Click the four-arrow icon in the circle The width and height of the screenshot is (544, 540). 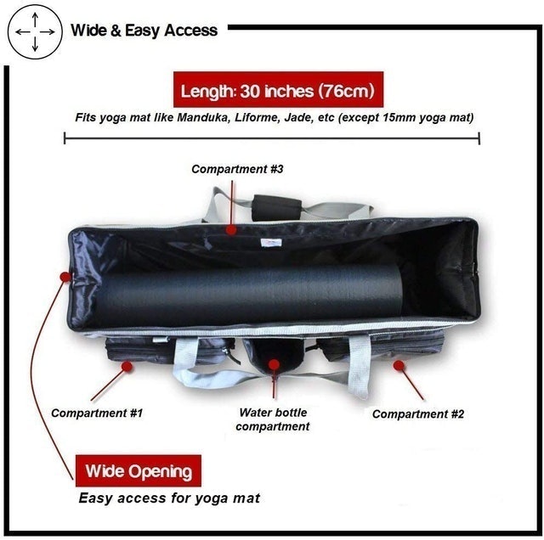click(x=35, y=32)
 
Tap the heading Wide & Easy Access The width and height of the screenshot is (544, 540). click(x=144, y=31)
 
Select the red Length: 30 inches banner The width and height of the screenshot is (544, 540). click(x=278, y=90)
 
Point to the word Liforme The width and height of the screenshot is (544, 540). click(x=257, y=117)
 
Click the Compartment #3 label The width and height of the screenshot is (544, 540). click(x=237, y=169)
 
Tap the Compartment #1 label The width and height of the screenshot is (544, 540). click(x=97, y=413)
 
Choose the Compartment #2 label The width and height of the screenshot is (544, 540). click(x=418, y=414)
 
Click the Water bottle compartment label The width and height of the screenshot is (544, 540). click(x=273, y=419)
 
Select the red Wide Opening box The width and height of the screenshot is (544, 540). click(x=139, y=470)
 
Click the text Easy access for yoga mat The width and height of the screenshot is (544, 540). click(x=169, y=498)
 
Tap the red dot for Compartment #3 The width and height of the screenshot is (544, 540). click(x=231, y=229)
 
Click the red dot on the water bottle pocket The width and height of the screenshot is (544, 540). click(x=274, y=364)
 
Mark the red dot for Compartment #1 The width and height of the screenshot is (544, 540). click(x=127, y=367)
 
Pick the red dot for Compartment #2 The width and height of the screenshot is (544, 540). click(x=399, y=365)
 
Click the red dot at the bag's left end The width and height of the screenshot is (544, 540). click(x=65, y=277)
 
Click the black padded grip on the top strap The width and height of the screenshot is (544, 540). click(x=276, y=207)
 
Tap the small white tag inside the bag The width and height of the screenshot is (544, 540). click(x=270, y=243)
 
